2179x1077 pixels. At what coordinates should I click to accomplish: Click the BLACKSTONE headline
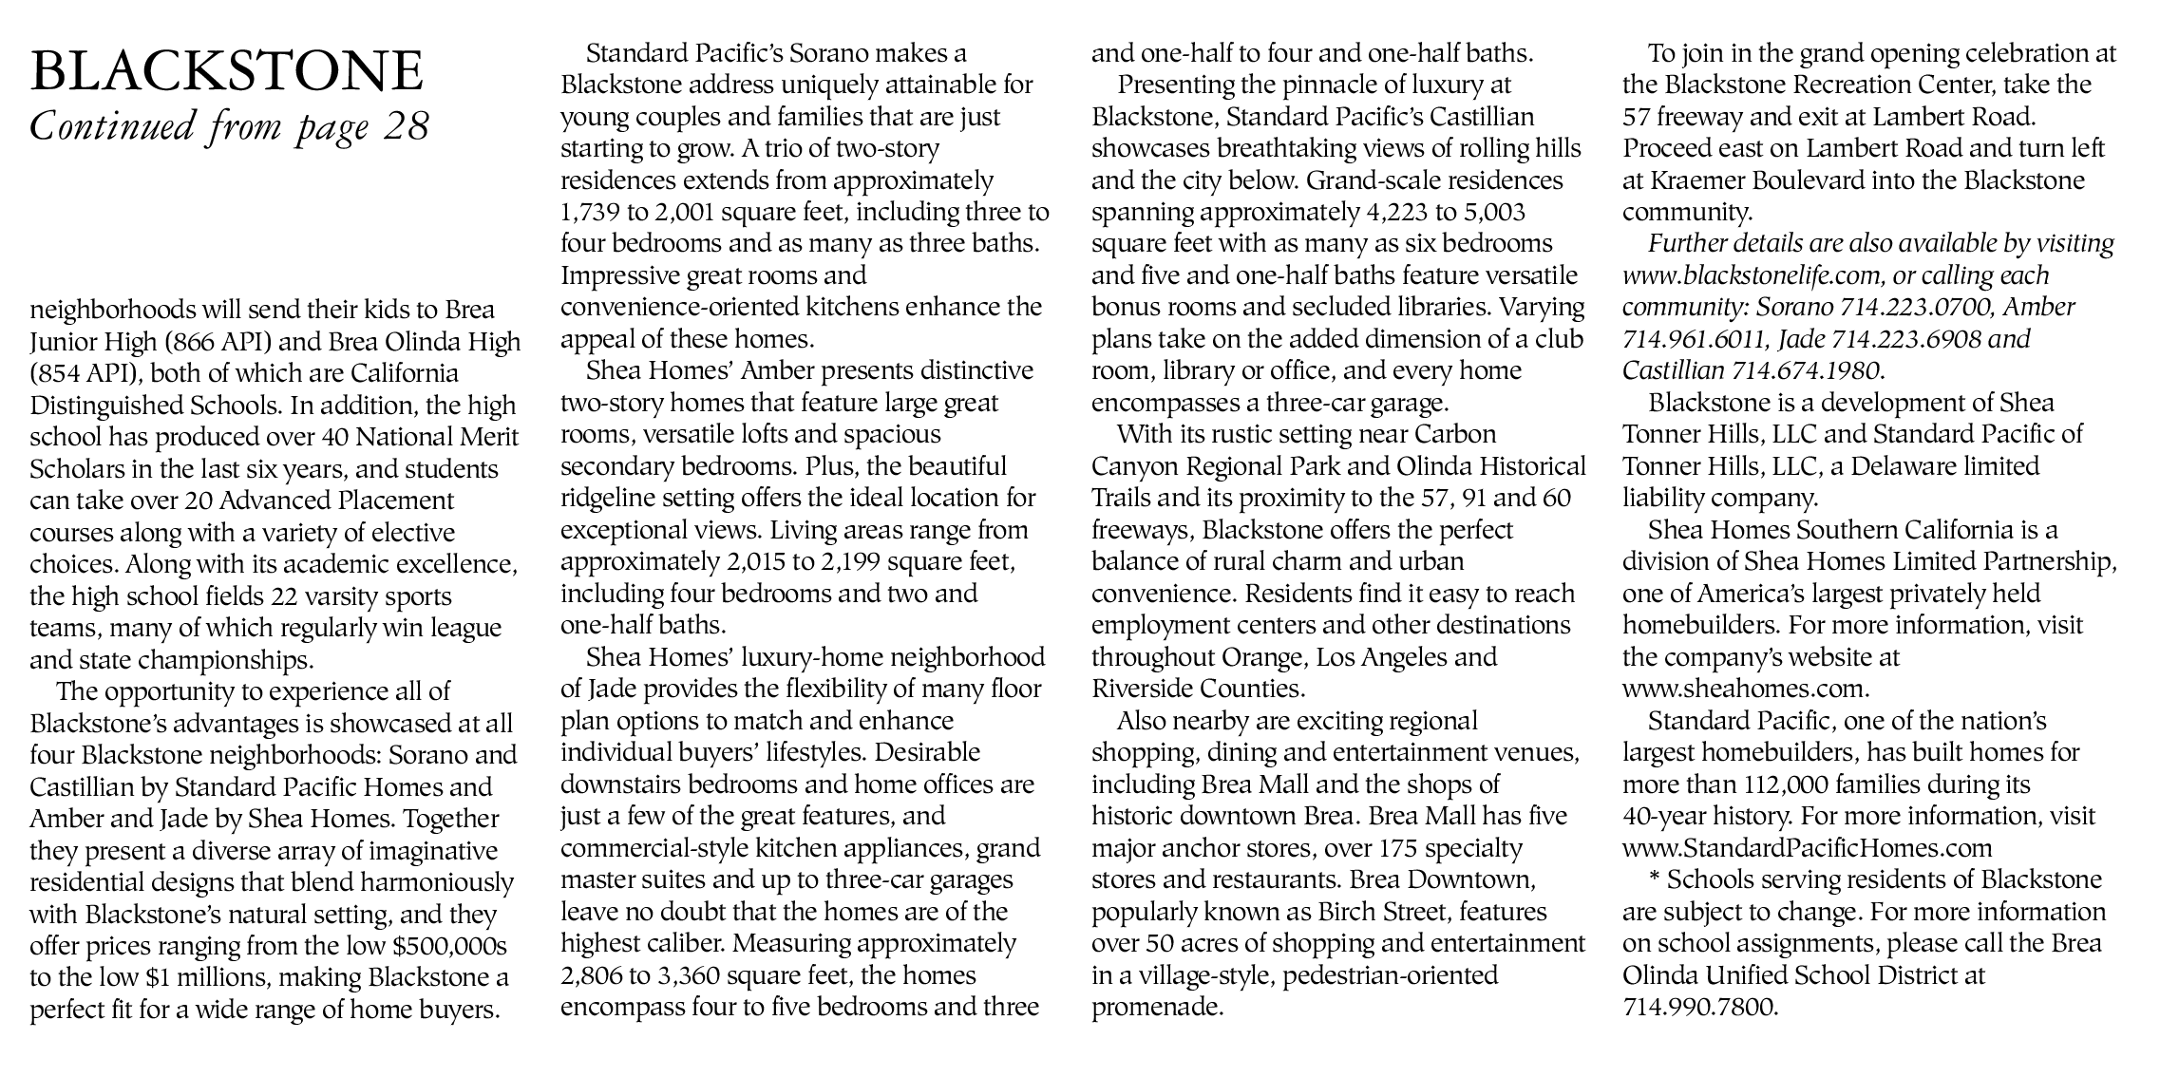(227, 72)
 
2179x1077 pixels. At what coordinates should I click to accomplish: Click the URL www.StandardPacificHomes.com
(1807, 848)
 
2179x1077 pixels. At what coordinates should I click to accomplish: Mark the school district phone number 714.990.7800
(1698, 1007)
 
